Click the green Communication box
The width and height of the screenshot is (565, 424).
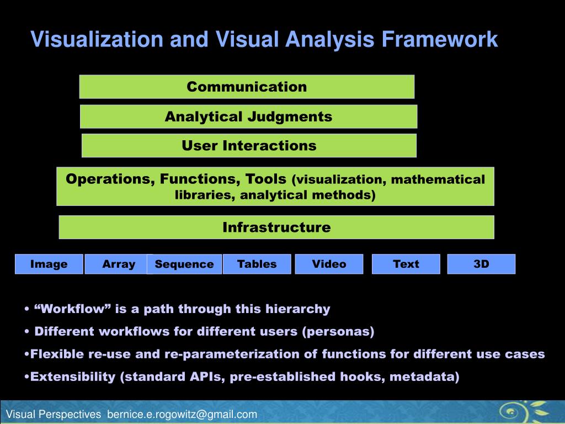click(x=247, y=87)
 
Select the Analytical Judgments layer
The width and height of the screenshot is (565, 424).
click(x=248, y=116)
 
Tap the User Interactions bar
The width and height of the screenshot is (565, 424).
click(x=249, y=146)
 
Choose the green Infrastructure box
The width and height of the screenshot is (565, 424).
click(x=276, y=227)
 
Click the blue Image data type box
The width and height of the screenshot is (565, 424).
click(x=49, y=264)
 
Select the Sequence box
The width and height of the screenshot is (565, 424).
click(x=184, y=264)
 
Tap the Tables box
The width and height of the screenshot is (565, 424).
click(x=257, y=264)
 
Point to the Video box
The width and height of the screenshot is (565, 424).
click(x=329, y=264)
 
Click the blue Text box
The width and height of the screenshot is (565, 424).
click(x=406, y=264)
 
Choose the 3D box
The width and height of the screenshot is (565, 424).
click(x=481, y=264)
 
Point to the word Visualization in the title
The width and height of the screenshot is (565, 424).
click(x=97, y=40)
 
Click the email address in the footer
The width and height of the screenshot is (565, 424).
click(x=182, y=414)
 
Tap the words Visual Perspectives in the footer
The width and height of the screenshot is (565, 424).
click(x=54, y=414)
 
